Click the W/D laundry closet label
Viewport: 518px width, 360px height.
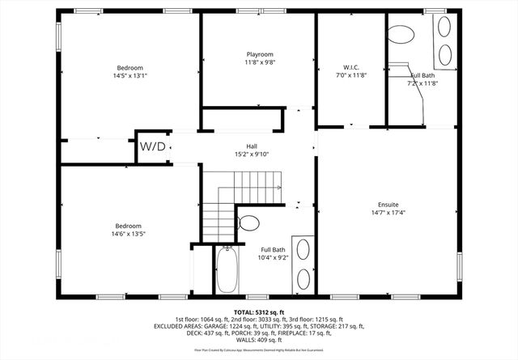click(x=153, y=146)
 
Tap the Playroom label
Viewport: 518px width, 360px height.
click(x=260, y=54)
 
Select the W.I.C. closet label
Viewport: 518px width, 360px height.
click(x=350, y=66)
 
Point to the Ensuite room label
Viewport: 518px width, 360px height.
click(x=388, y=205)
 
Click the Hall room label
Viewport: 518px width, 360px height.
click(x=240, y=146)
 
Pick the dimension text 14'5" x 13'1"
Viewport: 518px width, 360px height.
click(x=129, y=75)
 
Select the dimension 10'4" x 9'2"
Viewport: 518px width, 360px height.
click(x=272, y=257)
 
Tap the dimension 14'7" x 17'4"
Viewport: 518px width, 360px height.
click(x=388, y=213)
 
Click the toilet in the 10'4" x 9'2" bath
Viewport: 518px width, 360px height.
click(x=249, y=222)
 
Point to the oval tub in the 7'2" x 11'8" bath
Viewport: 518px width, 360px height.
click(x=400, y=35)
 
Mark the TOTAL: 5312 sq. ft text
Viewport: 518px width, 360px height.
click(x=259, y=311)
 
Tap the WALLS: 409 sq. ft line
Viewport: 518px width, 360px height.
click(x=259, y=341)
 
